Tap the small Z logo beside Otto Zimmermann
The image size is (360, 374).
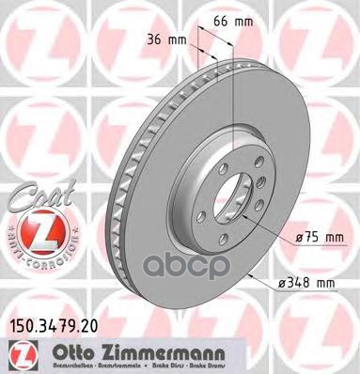[18, 351]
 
